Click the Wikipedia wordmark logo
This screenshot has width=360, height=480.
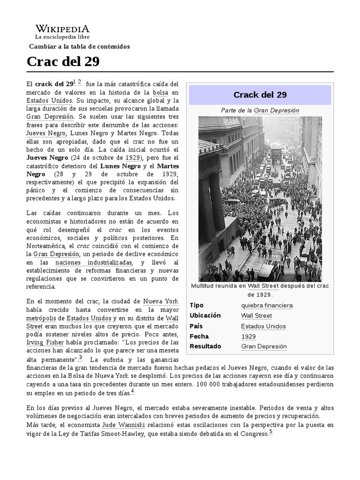tap(62, 28)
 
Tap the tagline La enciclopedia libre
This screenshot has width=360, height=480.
tap(62, 37)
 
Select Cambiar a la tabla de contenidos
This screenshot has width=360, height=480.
tap(79, 46)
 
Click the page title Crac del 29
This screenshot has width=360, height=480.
tap(63, 62)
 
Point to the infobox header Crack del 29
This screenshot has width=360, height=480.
tap(260, 95)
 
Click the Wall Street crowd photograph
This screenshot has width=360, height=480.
tap(260, 199)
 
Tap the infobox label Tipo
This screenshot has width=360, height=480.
tap(196, 305)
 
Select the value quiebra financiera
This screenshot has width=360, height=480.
tap(267, 305)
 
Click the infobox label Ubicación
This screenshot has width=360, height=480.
tap(205, 315)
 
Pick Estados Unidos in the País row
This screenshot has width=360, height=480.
tap(263, 326)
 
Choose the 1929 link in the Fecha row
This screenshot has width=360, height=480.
tap(248, 337)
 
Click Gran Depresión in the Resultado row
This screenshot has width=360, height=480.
tap(264, 346)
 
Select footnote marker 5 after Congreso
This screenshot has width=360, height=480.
tap(270, 432)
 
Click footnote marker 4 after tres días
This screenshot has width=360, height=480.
tap(132, 391)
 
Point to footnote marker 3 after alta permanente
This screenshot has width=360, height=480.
tap(81, 358)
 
